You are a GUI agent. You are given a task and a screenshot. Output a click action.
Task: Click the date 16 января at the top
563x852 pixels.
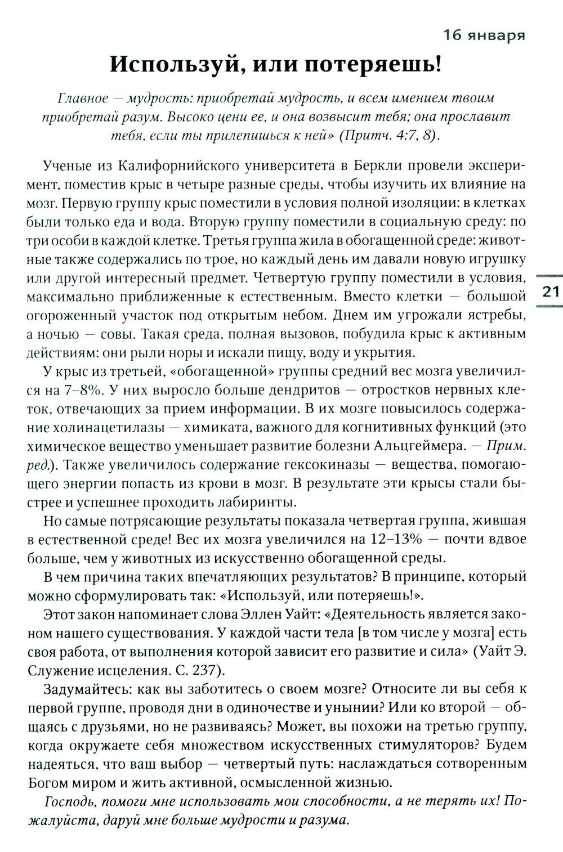click(x=484, y=36)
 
